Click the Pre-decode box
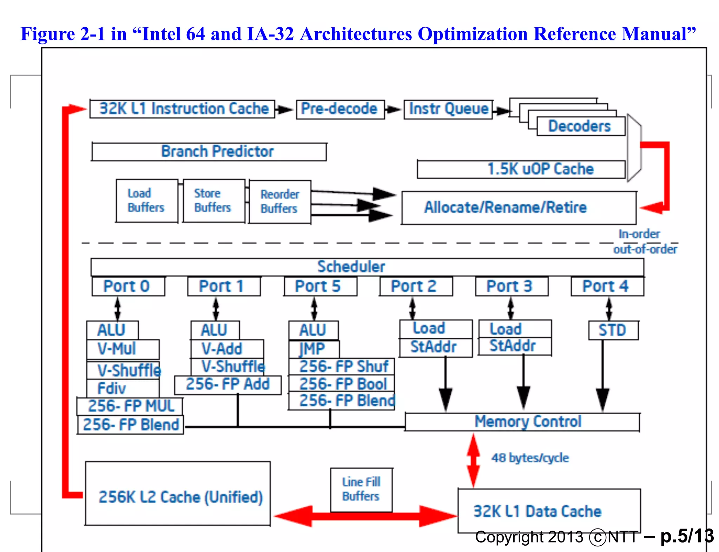[340, 109]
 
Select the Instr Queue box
[448, 109]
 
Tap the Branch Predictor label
[217, 152]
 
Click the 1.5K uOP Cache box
[521, 169]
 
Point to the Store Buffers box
[213, 201]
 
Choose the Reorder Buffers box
[280, 202]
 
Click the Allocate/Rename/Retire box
[519, 208]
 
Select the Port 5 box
[320, 287]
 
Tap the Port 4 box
[607, 287]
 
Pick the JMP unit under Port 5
[314, 349]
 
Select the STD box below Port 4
[613, 330]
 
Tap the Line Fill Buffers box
[361, 489]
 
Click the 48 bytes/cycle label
[530, 458]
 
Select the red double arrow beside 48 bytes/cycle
[473, 460]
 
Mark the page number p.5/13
[687, 536]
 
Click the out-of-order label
[645, 249]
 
